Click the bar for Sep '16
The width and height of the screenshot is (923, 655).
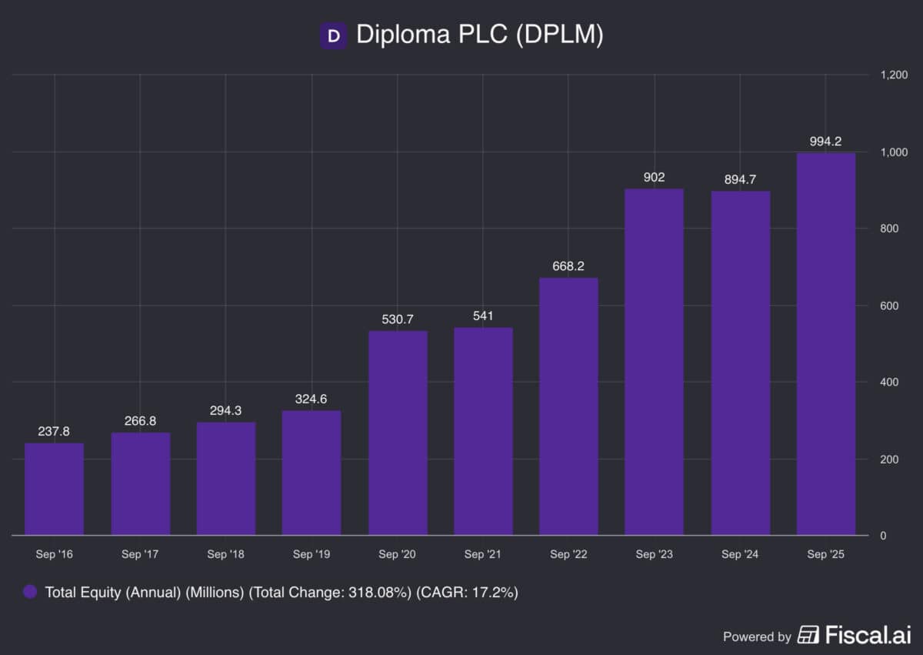click(54, 489)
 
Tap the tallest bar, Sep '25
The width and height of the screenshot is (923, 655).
click(826, 343)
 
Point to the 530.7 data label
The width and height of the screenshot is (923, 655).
click(398, 318)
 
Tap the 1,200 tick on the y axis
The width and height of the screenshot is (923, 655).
click(894, 75)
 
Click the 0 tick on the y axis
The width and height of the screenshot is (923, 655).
click(883, 536)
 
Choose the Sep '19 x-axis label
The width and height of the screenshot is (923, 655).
click(312, 554)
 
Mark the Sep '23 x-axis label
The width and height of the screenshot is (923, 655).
click(655, 554)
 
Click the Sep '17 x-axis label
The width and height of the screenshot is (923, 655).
click(140, 554)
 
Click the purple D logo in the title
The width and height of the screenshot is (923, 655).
click(333, 35)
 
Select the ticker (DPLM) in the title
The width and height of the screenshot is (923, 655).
click(559, 35)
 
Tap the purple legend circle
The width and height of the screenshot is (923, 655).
click(30, 592)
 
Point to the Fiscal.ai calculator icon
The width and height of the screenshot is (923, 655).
click(808, 635)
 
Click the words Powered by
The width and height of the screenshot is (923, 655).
click(757, 637)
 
